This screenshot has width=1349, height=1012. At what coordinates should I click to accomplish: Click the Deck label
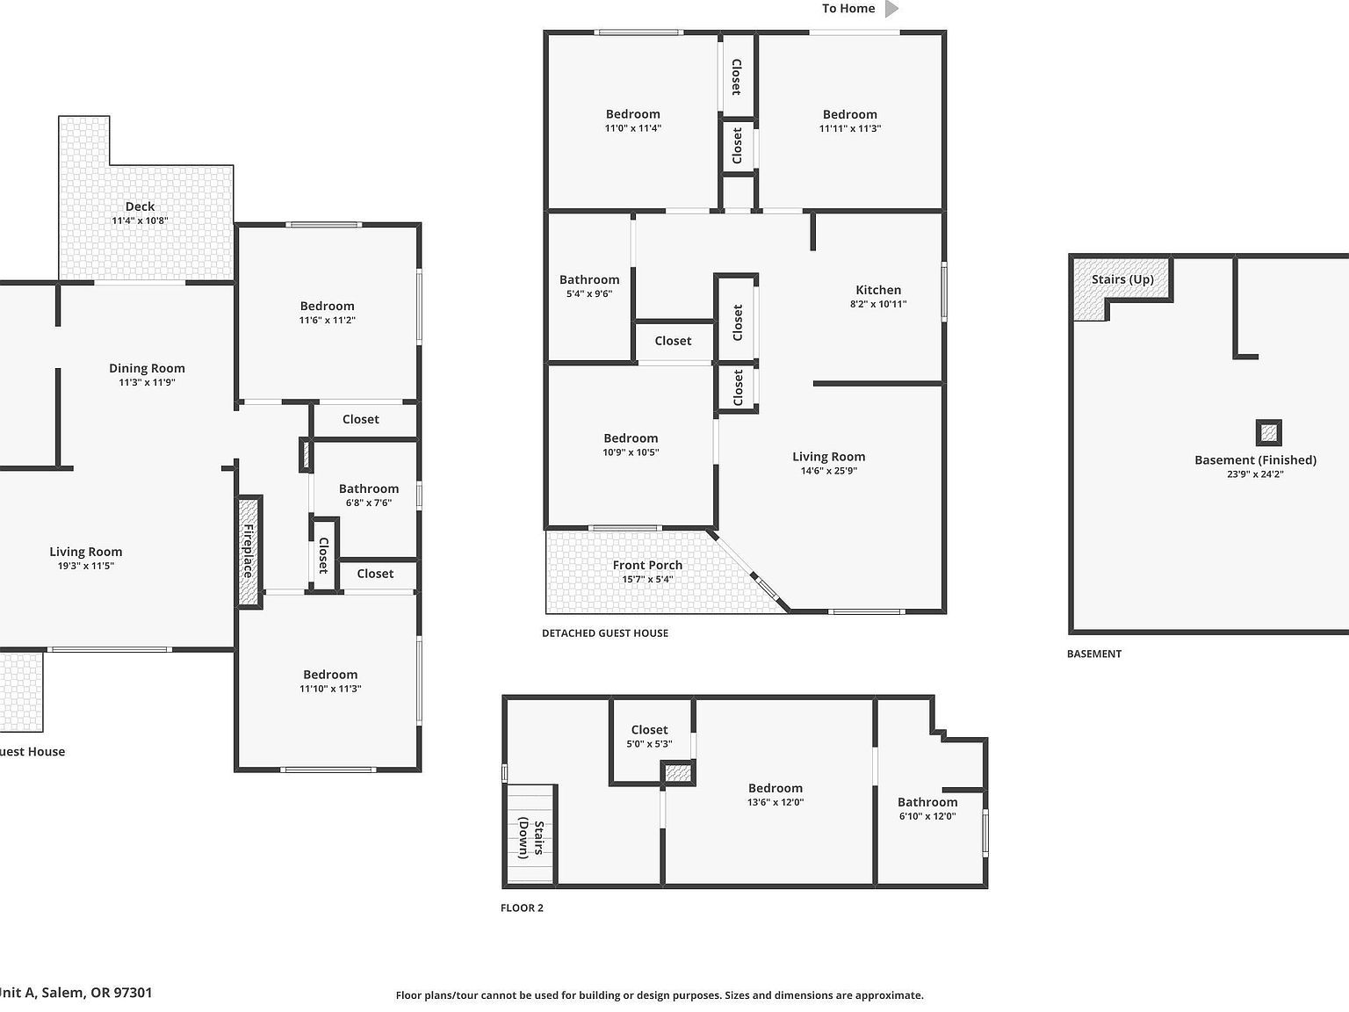point(140,206)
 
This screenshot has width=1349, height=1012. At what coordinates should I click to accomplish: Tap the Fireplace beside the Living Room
point(249,551)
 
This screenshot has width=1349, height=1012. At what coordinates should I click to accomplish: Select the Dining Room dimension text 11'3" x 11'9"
point(147,383)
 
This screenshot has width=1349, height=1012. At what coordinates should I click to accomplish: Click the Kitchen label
point(878,290)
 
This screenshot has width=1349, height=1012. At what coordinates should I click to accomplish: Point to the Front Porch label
point(647,565)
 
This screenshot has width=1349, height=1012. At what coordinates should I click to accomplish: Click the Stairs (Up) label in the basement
point(1122,279)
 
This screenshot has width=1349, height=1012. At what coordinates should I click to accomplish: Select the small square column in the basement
point(1268,432)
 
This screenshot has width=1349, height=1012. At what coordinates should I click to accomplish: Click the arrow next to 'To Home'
point(891,9)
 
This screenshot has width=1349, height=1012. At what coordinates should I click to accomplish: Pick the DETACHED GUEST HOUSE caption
point(604,633)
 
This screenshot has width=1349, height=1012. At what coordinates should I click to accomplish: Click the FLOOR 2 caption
point(522,908)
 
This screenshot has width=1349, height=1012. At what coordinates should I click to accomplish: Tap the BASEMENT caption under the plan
point(1093,654)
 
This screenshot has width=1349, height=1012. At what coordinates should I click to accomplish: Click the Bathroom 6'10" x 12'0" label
point(927,802)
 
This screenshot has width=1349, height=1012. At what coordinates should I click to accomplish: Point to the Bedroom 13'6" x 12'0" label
point(775,788)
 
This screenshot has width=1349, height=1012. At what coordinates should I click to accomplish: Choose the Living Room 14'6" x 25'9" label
point(828,457)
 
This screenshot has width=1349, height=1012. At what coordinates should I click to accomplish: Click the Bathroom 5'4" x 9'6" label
point(589,280)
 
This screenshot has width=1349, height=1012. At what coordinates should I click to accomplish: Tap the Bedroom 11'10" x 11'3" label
point(330,675)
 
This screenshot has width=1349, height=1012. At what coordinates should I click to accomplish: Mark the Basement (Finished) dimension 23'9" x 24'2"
point(1255,474)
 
